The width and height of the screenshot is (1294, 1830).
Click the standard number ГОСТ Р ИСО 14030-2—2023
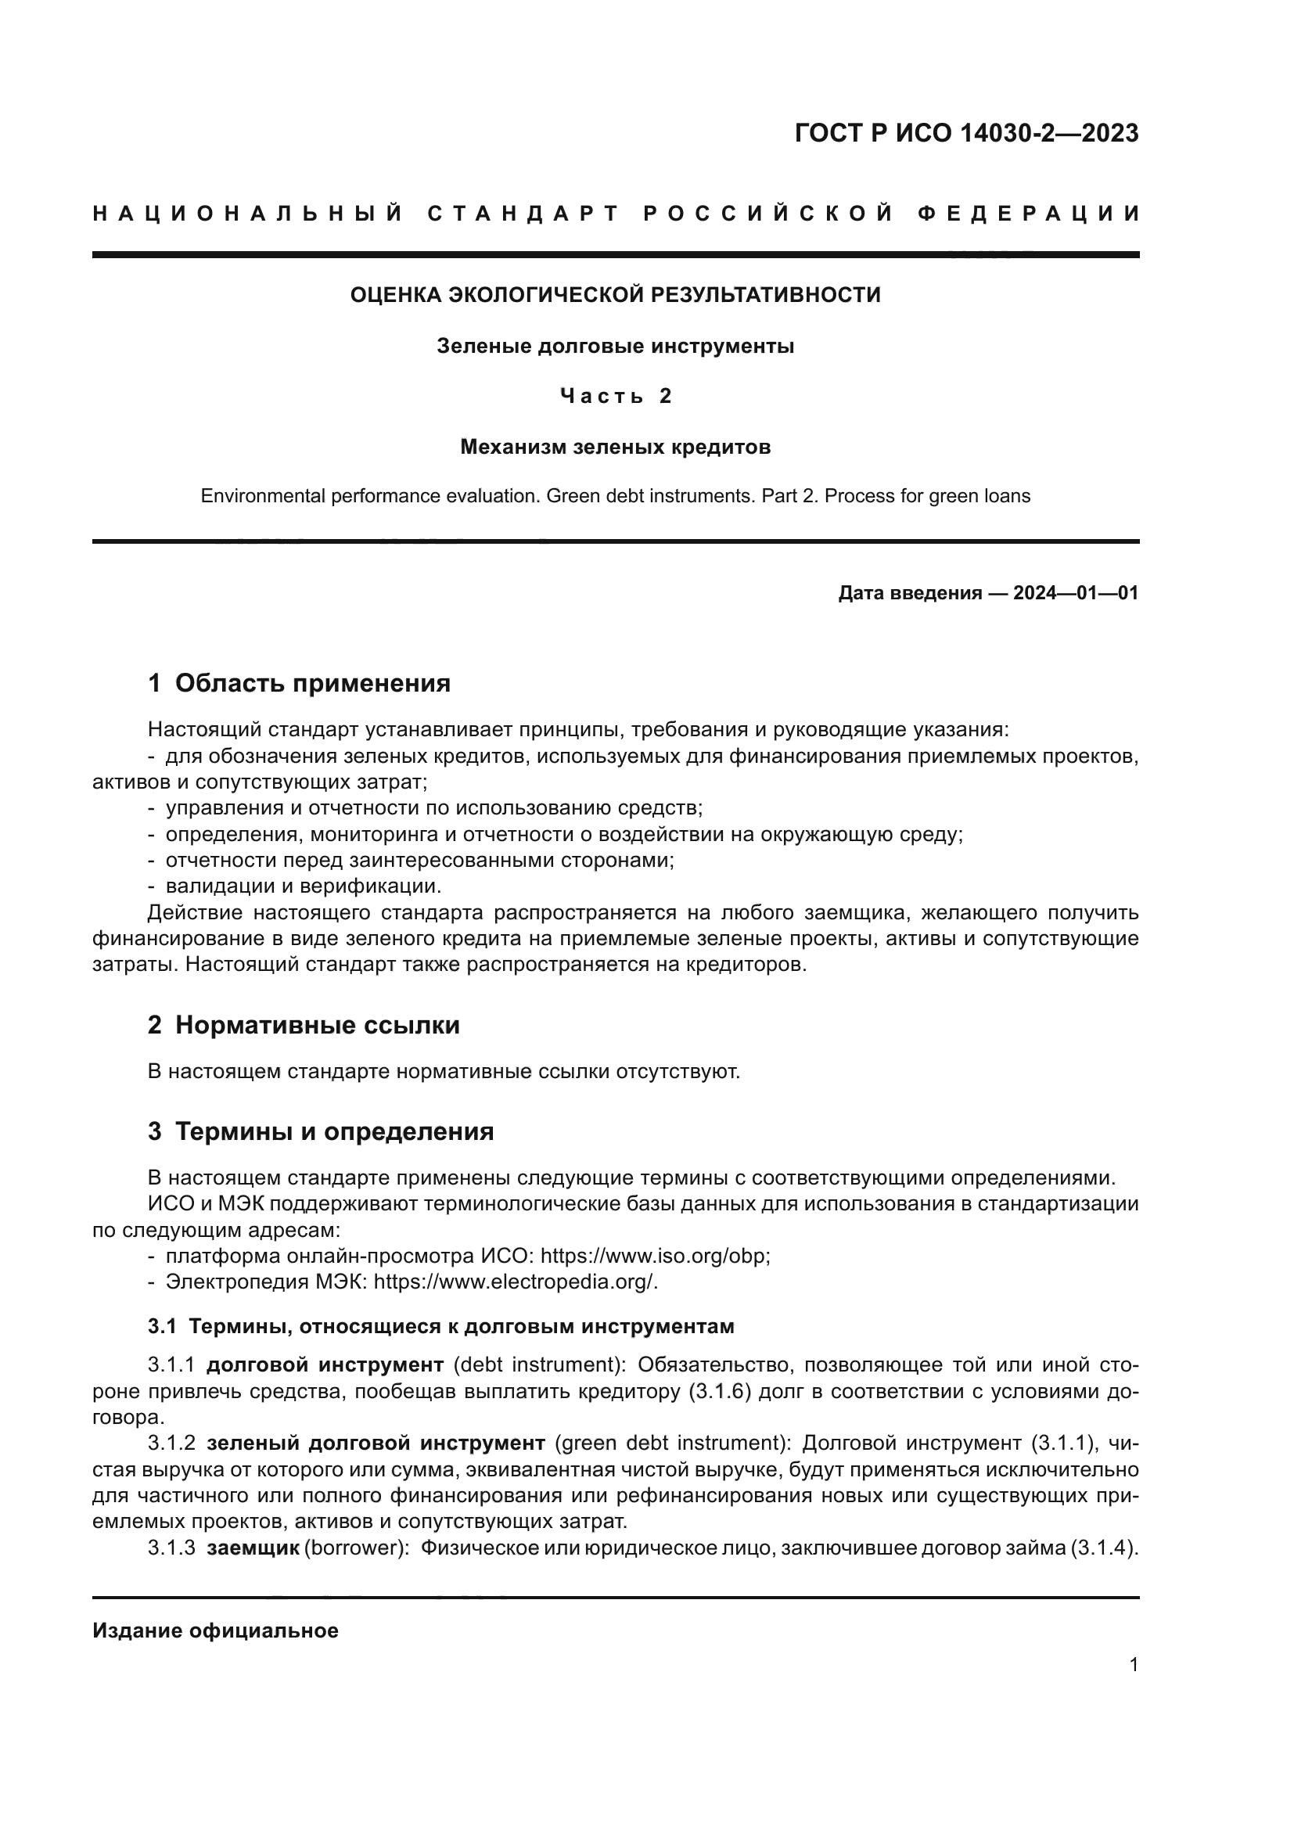pyautogui.click(x=965, y=133)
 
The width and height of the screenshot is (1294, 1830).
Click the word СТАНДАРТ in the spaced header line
pyautogui.click(x=523, y=214)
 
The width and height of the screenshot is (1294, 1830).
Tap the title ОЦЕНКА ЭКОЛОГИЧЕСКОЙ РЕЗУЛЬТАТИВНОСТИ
pyautogui.click(x=615, y=295)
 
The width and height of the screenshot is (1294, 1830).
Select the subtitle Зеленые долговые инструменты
pyautogui.click(x=615, y=347)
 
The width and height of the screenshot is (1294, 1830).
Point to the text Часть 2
pyautogui.click(x=615, y=396)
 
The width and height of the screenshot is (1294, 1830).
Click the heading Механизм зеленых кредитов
pyautogui.click(x=615, y=448)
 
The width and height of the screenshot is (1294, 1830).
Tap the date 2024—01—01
pyautogui.click(x=1075, y=593)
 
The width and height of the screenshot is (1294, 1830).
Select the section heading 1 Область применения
pyautogui.click(x=299, y=683)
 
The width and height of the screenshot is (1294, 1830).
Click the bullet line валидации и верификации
pyautogui.click(x=303, y=886)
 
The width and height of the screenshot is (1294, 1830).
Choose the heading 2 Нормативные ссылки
pyautogui.click(x=304, y=1025)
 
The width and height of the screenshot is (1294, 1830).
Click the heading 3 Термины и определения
pyautogui.click(x=320, y=1132)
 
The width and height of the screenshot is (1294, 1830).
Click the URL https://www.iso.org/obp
pyautogui.click(x=654, y=1257)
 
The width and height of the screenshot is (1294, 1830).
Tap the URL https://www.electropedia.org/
pyautogui.click(x=515, y=1282)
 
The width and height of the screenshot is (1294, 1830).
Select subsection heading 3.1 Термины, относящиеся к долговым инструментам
pyautogui.click(x=440, y=1327)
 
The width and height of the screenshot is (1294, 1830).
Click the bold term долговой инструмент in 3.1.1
pyautogui.click(x=325, y=1365)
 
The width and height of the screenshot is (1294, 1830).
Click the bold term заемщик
pyautogui.click(x=253, y=1548)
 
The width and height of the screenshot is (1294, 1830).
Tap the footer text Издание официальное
pyautogui.click(x=215, y=1630)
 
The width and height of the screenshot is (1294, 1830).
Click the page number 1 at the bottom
pyautogui.click(x=1133, y=1665)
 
